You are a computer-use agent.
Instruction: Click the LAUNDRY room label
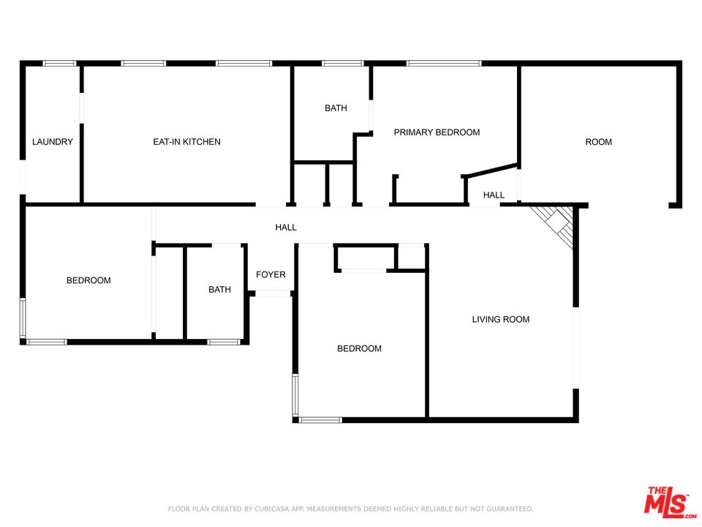[53, 141]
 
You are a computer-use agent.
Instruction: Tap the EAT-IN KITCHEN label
[186, 141]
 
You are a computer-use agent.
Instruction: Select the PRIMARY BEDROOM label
[437, 132]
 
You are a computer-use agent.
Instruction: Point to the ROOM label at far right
[599, 142]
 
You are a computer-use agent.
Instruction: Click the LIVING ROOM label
[500, 320]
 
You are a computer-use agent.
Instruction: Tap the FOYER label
[271, 274]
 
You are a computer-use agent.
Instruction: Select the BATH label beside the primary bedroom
[336, 108]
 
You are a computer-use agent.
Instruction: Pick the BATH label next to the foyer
[220, 290]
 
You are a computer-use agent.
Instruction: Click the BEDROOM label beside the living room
[359, 348]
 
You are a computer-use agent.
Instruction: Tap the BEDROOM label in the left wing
[88, 280]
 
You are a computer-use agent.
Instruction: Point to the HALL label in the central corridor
[286, 228]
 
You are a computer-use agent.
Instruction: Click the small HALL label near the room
[494, 195]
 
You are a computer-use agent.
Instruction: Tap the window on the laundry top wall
[59, 63]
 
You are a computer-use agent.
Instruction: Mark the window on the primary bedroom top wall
[444, 63]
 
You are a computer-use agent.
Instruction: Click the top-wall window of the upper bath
[342, 63]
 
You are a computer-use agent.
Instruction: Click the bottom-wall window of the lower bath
[224, 342]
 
